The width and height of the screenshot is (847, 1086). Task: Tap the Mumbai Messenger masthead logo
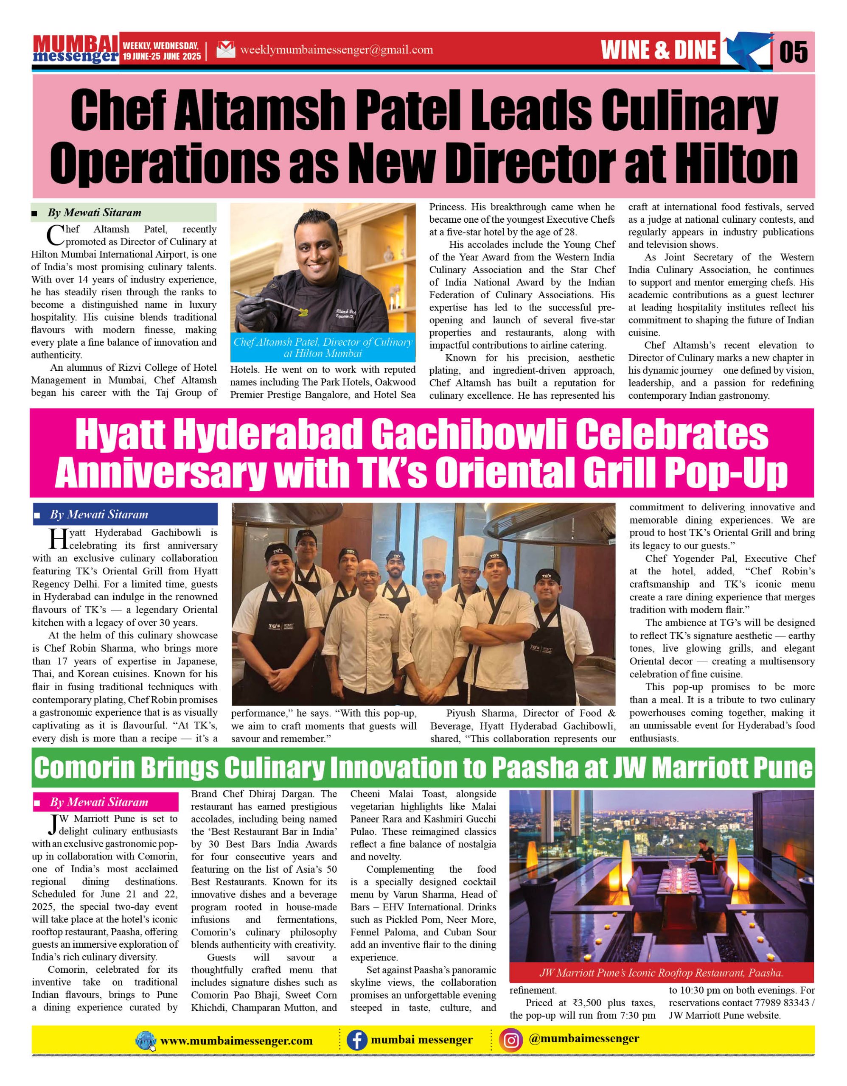pos(76,50)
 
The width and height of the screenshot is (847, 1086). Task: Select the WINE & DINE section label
pos(659,50)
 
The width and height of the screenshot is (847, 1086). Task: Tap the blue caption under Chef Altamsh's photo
pos(323,348)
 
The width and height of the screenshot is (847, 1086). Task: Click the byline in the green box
pos(94,213)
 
